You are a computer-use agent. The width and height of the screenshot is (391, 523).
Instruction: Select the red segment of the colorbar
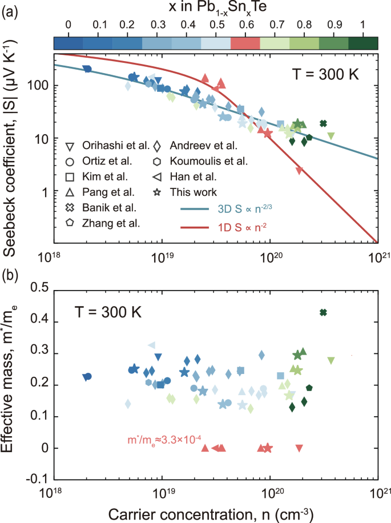pos(245,43)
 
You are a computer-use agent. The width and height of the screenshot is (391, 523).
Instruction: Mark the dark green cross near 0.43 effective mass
pos(323,312)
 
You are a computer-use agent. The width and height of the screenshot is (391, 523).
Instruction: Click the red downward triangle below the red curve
pos(299,170)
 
